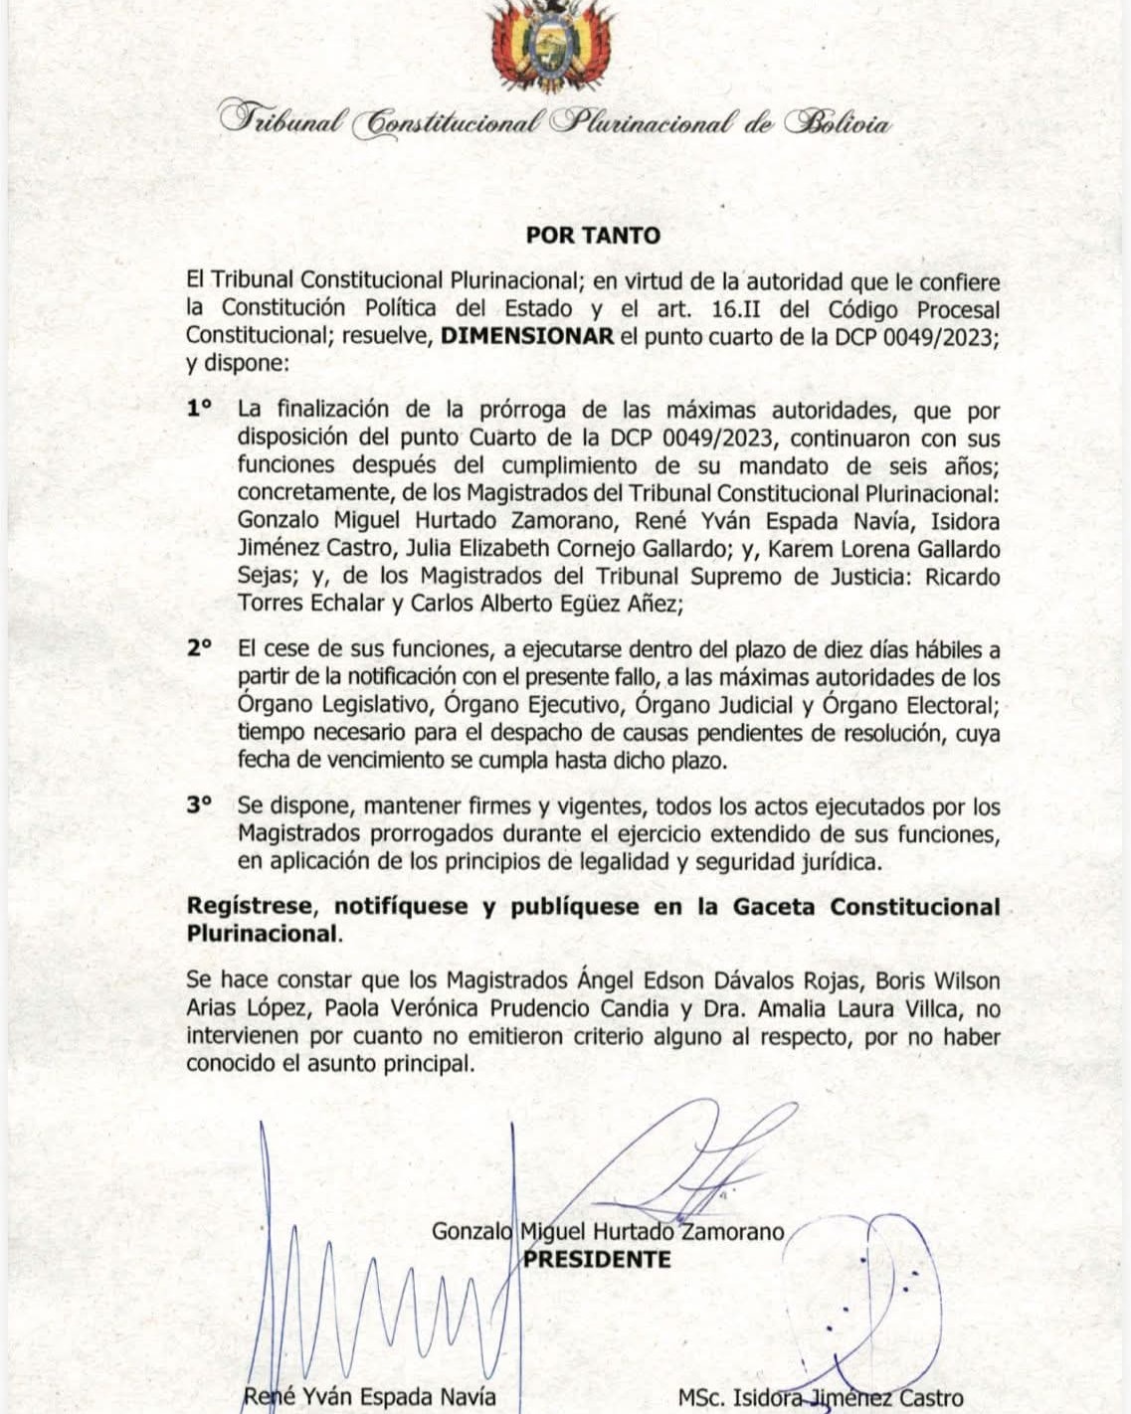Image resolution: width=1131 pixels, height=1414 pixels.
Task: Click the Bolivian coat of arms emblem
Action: pyautogui.click(x=551, y=46)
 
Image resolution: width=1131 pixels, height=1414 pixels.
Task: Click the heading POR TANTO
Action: pyautogui.click(x=593, y=236)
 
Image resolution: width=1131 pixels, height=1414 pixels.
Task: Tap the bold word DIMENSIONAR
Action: pyautogui.click(x=527, y=336)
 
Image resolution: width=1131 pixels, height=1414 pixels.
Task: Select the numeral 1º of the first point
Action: pyautogui.click(x=200, y=409)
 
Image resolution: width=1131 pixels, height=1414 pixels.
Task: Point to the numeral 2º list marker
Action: pyautogui.click(x=200, y=647)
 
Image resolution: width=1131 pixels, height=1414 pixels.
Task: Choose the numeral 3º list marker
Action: pyautogui.click(x=200, y=806)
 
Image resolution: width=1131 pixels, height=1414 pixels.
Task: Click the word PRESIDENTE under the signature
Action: pyautogui.click(x=598, y=1259)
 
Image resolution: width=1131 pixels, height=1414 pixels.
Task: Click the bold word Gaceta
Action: pyautogui.click(x=774, y=907)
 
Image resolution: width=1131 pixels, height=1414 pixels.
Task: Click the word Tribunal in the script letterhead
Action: pyautogui.click(x=283, y=121)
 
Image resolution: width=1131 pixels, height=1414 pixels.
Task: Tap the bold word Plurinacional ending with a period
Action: pyautogui.click(x=264, y=934)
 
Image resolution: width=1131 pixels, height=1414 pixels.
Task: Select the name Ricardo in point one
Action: pyautogui.click(x=962, y=577)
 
